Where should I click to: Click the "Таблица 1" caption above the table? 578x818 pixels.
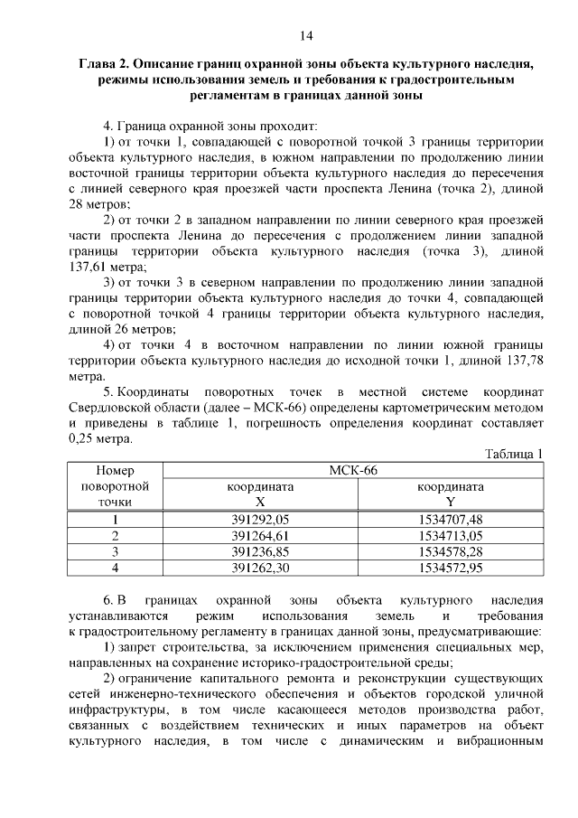pyautogui.click(x=514, y=454)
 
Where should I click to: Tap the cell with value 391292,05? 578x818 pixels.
pyautogui.click(x=259, y=519)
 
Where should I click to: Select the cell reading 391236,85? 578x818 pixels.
pyautogui.click(x=259, y=551)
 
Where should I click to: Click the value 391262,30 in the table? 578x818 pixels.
pyautogui.click(x=259, y=568)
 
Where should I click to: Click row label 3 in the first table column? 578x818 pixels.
pyautogui.click(x=115, y=551)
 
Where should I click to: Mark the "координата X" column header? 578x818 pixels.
pyautogui.click(x=260, y=494)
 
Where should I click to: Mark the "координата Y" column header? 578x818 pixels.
pyautogui.click(x=451, y=494)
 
